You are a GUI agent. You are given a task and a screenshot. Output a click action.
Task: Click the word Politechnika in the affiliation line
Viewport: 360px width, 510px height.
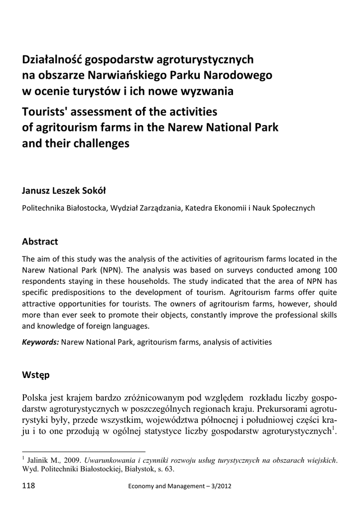coord(43,208)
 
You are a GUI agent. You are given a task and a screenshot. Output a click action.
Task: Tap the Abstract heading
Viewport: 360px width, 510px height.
coord(40,242)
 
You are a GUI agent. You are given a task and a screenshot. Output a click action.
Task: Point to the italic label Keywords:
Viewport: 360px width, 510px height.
coord(40,342)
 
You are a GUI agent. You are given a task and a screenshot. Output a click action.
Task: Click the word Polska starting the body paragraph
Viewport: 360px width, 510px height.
coord(36,397)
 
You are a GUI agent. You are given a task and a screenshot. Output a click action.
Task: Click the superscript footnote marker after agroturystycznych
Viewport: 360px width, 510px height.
coord(333,427)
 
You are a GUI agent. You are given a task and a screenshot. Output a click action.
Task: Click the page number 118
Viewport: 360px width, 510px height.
coord(29,487)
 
